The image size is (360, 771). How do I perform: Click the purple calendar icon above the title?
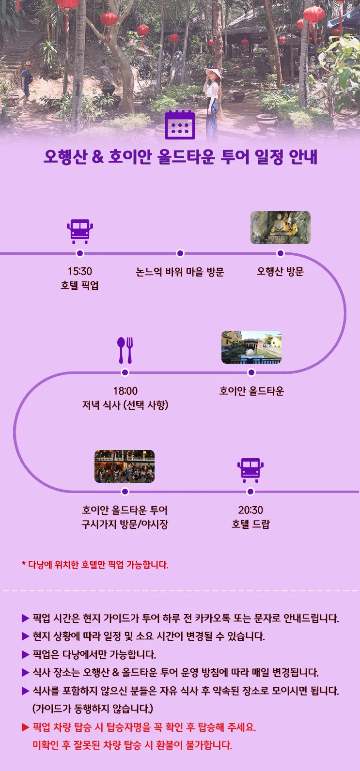pyautogui.click(x=180, y=124)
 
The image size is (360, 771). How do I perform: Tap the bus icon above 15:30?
pyautogui.click(x=80, y=231)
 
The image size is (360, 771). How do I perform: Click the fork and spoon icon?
pyautogui.click(x=125, y=350)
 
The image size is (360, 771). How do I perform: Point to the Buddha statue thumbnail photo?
pyautogui.click(x=281, y=228)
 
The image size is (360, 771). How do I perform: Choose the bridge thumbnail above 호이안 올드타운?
pyautogui.click(x=251, y=347)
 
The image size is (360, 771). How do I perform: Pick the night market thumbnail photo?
pyautogui.click(x=125, y=466)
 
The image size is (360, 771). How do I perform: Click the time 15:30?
pyautogui.click(x=80, y=271)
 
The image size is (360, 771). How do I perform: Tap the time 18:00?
pyautogui.click(x=125, y=391)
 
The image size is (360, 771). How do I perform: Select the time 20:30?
pyautogui.click(x=250, y=510)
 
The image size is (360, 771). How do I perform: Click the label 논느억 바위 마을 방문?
pyautogui.click(x=180, y=272)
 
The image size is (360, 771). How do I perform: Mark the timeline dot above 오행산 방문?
pyautogui.click(x=281, y=253)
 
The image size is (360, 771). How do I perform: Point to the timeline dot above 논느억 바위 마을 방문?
pyautogui.click(x=180, y=253)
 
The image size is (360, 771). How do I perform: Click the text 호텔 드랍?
pyautogui.click(x=250, y=524)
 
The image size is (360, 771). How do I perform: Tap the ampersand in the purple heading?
pyautogui.click(x=97, y=156)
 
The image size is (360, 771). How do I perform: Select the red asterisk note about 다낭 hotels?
pyautogui.click(x=95, y=565)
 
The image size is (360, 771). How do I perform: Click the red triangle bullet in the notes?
pyautogui.click(x=25, y=727)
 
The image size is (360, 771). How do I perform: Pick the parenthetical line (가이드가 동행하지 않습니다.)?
pyautogui.click(x=93, y=709)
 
